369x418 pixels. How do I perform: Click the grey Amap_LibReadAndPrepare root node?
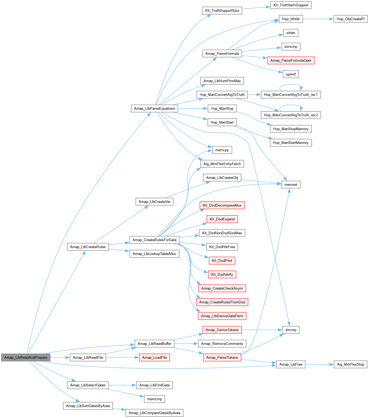click(x=26, y=357)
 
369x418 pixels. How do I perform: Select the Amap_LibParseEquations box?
click(x=154, y=108)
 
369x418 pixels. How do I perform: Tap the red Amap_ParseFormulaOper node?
click(x=291, y=60)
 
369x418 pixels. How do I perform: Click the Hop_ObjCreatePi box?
click(x=350, y=19)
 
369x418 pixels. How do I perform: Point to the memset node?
click(x=291, y=185)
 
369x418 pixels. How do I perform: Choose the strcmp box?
click(x=291, y=330)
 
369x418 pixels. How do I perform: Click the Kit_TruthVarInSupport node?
click(x=291, y=5)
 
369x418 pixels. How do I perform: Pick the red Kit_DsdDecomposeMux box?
click(x=222, y=205)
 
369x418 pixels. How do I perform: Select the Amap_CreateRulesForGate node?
click(x=154, y=240)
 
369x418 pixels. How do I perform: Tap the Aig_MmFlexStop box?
click(x=350, y=364)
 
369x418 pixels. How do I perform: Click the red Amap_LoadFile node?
click(x=154, y=357)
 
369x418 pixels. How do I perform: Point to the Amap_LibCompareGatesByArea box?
click(x=154, y=413)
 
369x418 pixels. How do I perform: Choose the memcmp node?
click(x=154, y=399)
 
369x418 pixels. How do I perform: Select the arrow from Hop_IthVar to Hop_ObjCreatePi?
click(x=318, y=19)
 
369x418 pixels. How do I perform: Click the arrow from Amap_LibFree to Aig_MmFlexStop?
click(x=319, y=364)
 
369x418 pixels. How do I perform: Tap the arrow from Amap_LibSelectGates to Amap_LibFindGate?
click(x=122, y=385)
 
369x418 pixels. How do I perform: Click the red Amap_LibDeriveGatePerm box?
click(x=222, y=316)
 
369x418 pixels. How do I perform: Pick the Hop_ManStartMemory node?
click(x=291, y=143)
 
